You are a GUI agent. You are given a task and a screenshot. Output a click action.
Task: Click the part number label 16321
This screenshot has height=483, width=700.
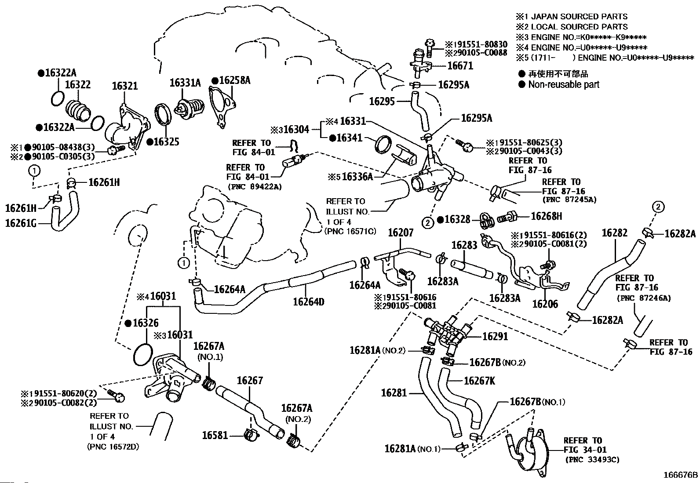coord(124,86)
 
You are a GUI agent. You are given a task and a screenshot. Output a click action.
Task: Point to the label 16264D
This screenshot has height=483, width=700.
coord(309,301)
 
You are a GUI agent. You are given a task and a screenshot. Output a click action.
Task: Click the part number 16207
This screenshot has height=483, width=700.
coord(400,232)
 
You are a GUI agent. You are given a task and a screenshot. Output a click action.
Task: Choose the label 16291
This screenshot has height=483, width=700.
coord(495,336)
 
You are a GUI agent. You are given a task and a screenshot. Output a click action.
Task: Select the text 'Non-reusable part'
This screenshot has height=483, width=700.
coord(564,84)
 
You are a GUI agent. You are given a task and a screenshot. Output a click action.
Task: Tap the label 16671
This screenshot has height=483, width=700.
coord(460,66)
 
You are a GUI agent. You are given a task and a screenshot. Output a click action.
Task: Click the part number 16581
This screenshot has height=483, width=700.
coord(215,435)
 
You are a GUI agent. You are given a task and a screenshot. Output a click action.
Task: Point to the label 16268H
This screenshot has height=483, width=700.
coord(547,216)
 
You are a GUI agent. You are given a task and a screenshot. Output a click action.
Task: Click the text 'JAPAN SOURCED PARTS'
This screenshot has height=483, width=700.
coord(579,17)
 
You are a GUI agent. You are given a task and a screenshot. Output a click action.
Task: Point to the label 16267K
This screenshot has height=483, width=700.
coord(479,381)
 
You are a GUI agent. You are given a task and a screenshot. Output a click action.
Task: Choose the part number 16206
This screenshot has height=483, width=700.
coord(545,304)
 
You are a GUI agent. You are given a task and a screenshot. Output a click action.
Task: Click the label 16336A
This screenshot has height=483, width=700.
coord(357,177)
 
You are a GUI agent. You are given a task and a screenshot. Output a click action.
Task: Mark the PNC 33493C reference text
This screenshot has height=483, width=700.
coord(592,460)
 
